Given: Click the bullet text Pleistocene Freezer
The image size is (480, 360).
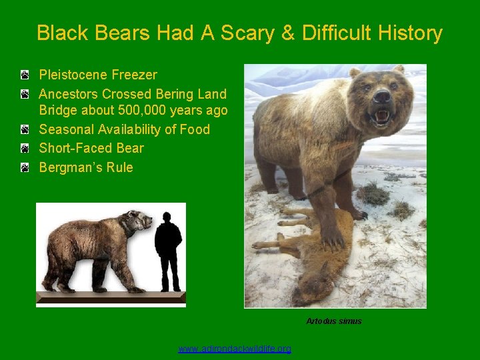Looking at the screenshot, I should click(98, 75).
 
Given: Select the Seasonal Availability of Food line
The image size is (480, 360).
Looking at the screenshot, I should click(124, 129).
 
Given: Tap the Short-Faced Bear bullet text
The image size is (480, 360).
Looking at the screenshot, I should click(91, 148).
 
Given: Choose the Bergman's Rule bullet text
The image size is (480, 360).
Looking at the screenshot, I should click(86, 167).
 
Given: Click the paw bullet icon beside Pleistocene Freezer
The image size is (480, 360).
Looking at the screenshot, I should click(24, 75).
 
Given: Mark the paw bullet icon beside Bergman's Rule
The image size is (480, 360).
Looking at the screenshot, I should click(24, 167).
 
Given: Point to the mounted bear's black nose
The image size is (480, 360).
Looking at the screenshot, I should click(382, 97).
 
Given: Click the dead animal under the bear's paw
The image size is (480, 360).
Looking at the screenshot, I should click(313, 260).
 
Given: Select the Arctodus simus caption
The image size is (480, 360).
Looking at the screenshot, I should click(334, 321).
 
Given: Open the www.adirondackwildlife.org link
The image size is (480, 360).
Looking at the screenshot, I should click(235, 349).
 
